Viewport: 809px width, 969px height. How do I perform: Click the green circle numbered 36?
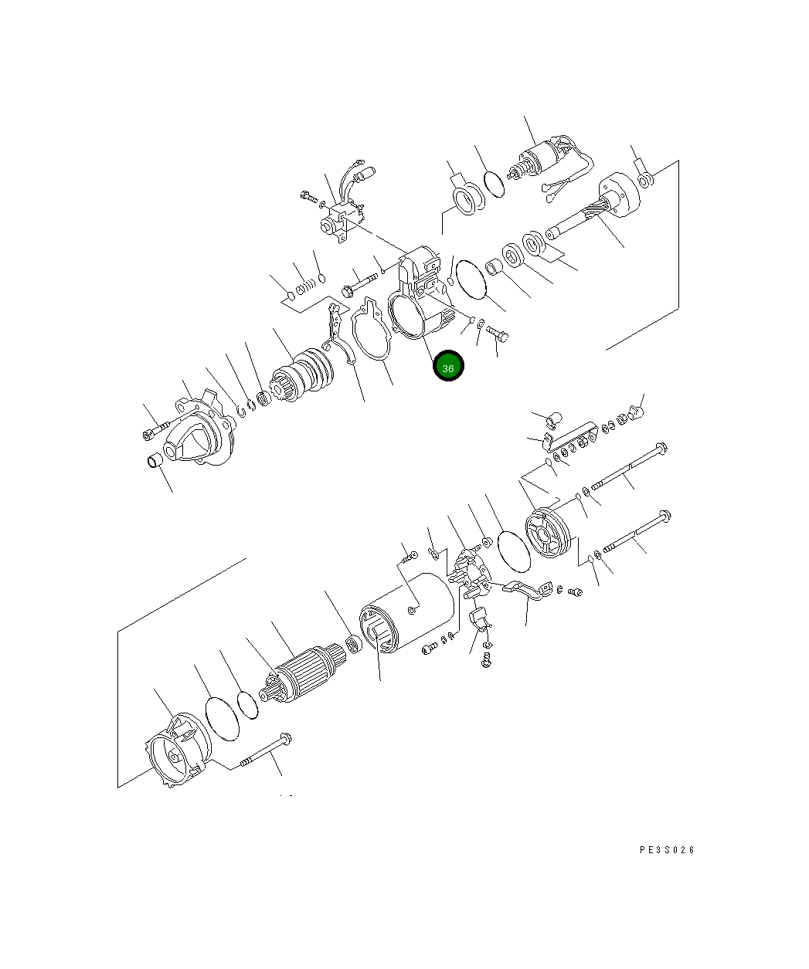click(x=448, y=366)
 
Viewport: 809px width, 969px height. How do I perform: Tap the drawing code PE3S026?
click(x=666, y=850)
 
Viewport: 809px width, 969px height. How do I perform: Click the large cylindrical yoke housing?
click(x=406, y=612)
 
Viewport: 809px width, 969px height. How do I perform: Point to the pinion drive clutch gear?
click(x=302, y=375)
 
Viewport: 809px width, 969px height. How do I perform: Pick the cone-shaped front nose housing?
click(x=199, y=430)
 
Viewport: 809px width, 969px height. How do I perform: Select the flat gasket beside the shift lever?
click(x=371, y=329)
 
